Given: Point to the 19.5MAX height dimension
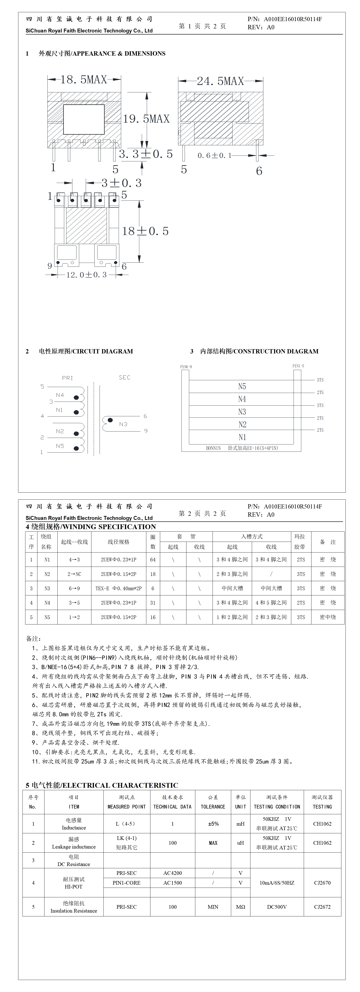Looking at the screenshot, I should [146, 118].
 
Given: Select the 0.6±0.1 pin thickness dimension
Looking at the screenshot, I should [214, 155].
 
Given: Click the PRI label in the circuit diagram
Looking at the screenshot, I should [67, 378].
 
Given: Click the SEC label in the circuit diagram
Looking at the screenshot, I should [124, 377].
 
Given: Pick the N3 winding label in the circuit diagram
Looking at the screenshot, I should [123, 424].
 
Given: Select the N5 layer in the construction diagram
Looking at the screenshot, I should [242, 386].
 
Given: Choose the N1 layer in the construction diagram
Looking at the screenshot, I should [242, 437].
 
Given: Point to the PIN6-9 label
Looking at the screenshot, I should [186, 367].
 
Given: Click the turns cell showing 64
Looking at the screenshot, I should [153, 560].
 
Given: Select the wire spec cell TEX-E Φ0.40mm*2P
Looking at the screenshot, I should [119, 588].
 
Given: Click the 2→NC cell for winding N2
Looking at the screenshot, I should [74, 574].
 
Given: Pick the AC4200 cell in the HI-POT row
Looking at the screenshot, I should [172, 873].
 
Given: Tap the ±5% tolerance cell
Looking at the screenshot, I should [213, 824].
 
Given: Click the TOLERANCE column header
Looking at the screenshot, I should [213, 806].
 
